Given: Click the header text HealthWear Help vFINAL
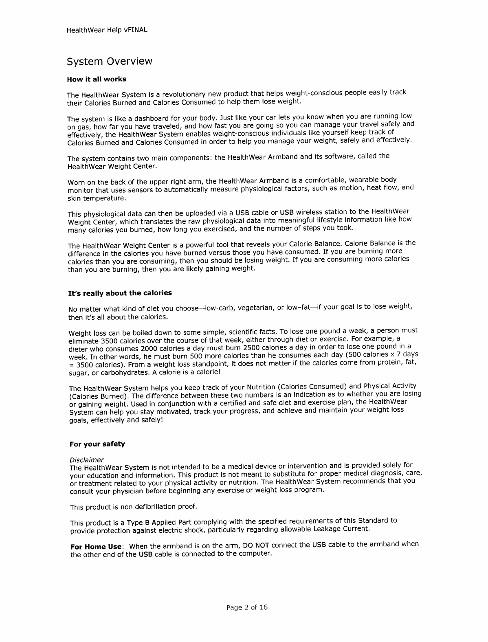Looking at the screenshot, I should [x=106, y=30].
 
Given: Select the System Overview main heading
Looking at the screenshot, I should [x=110, y=62].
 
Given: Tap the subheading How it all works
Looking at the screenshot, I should [x=97, y=79].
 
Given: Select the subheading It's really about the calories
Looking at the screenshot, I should [x=120, y=293].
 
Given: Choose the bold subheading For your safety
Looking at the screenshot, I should [x=97, y=444].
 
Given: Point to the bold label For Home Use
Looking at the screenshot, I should [x=96, y=547].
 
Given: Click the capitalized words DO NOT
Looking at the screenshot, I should [x=256, y=545].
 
